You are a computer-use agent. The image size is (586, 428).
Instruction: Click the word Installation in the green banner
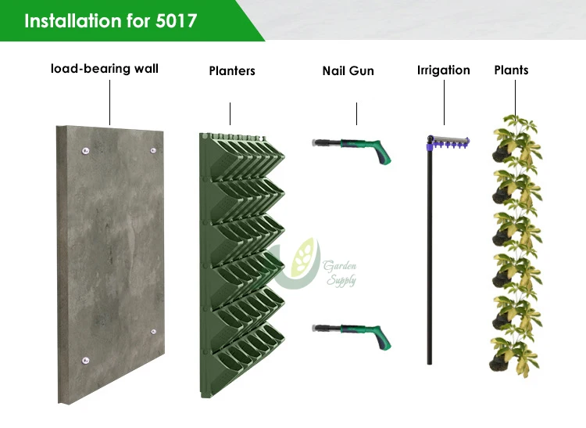click(x=73, y=20)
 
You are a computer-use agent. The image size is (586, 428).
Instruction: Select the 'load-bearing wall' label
click(x=105, y=69)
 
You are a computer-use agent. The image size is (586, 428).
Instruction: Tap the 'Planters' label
click(x=232, y=71)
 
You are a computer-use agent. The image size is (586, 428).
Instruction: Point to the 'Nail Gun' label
click(x=348, y=71)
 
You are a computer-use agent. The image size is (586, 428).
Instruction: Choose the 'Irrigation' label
click(x=444, y=70)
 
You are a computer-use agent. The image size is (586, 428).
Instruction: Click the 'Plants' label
click(x=511, y=70)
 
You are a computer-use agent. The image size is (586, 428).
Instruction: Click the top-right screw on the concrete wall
click(x=154, y=149)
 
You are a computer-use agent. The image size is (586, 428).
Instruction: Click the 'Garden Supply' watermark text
click(x=341, y=273)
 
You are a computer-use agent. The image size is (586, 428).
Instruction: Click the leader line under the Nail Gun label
click(x=357, y=113)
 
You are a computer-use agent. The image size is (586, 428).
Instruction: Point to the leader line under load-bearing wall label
click(x=109, y=102)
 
